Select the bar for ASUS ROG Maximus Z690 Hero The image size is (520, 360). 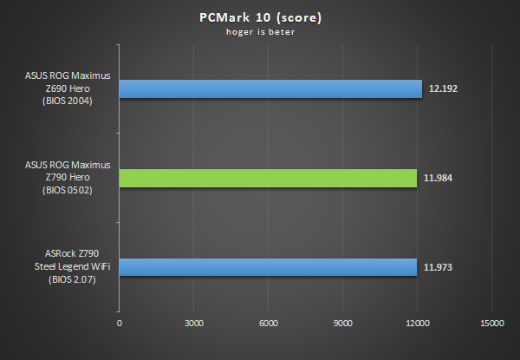coord(270,89)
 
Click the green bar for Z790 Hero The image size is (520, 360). coord(268,178)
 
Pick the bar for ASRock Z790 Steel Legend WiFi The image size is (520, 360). coord(268,266)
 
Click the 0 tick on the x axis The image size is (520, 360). coord(120,324)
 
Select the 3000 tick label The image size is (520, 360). coord(193,324)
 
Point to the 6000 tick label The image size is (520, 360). coord(268,324)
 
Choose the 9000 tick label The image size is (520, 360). coord(342,324)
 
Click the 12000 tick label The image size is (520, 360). coord(417,324)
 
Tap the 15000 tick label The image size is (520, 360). coord(491,324)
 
